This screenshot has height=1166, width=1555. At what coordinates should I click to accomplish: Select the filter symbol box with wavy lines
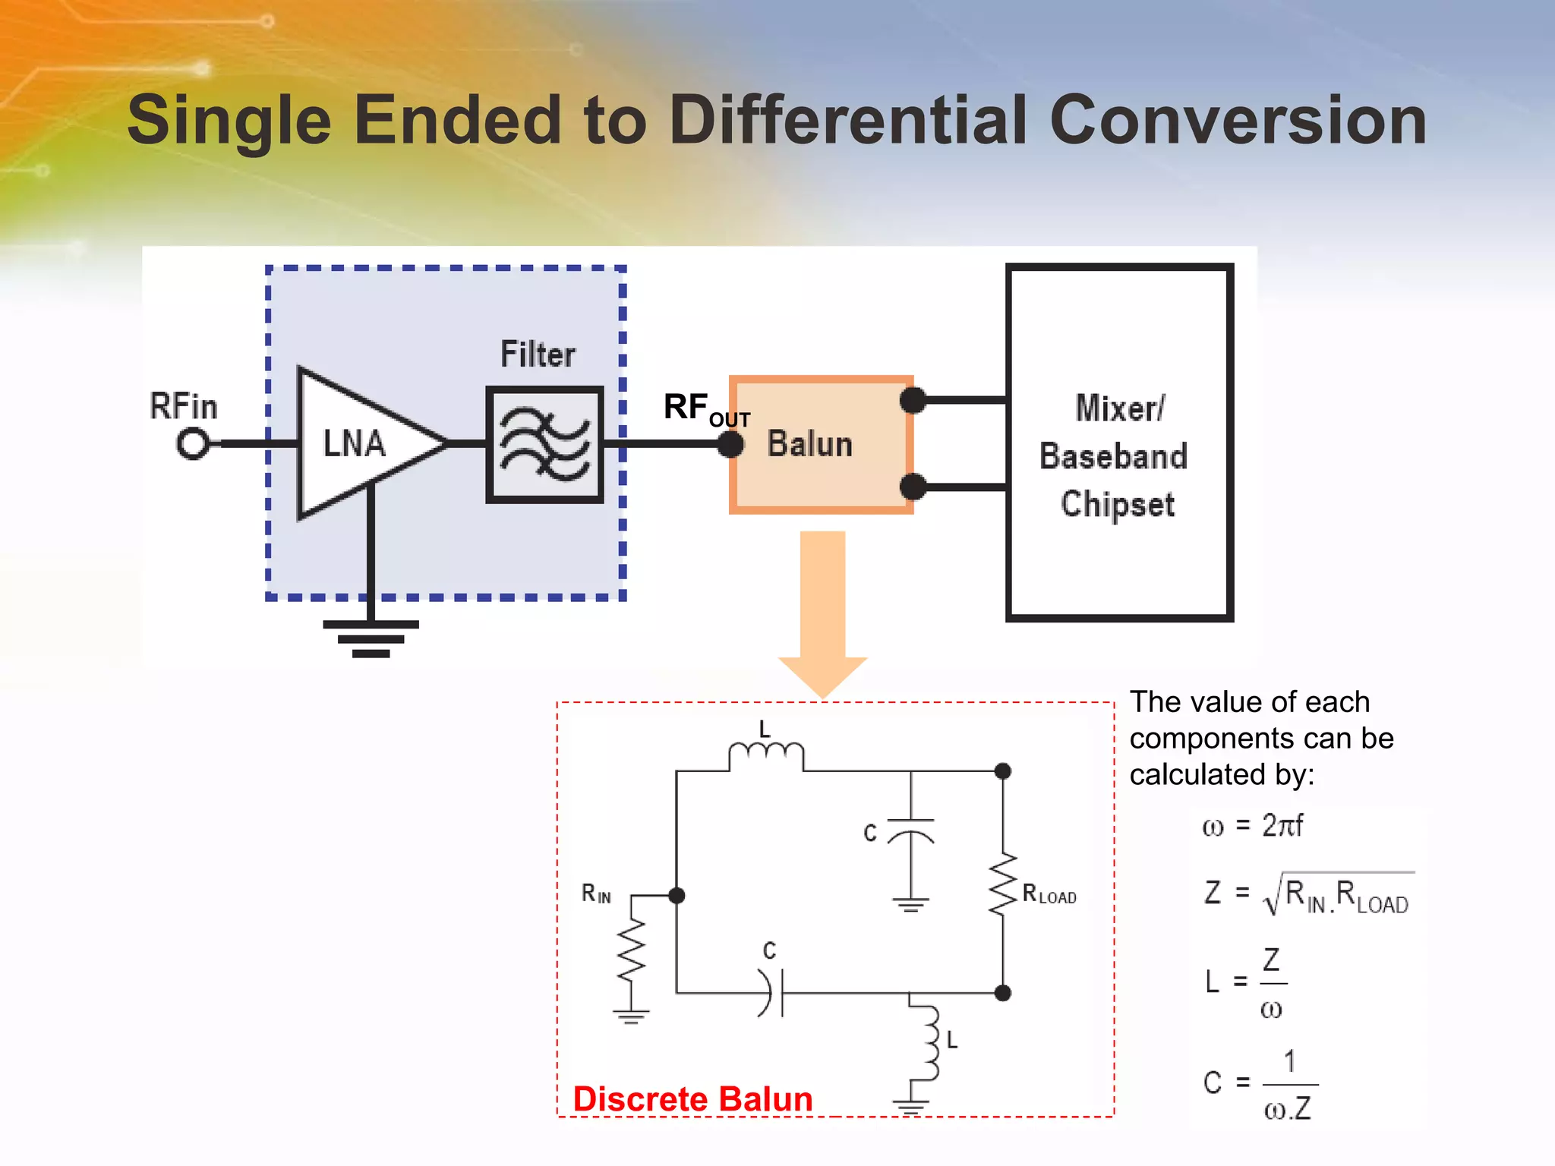coord(544,445)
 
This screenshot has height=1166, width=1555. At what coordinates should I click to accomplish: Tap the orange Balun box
coord(821,445)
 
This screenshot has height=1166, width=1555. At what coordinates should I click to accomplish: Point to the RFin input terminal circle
coord(193,443)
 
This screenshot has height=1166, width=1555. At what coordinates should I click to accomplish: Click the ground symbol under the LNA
coord(371,638)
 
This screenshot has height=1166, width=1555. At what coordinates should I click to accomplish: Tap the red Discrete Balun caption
coord(692,1099)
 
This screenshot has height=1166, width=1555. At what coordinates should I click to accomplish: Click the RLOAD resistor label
coord(1049,895)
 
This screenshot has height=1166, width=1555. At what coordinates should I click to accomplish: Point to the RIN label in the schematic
coord(596,894)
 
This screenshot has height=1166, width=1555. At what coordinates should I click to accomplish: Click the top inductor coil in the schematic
coord(765,755)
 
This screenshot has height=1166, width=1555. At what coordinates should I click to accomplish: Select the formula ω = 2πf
coord(1252,826)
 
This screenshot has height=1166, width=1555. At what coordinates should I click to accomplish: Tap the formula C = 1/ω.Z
coord(1260,1084)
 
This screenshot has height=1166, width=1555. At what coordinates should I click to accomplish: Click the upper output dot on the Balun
coord(913,400)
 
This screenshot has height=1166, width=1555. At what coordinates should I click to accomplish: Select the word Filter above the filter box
coord(538,355)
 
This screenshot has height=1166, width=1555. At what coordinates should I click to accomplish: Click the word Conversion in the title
coord(1238,121)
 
